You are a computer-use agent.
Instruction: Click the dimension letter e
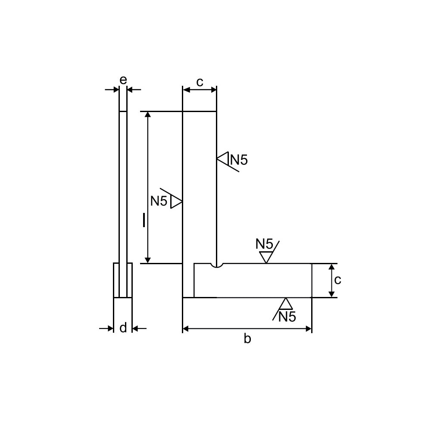pos(123,80)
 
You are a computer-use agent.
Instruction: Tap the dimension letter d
pos(123,328)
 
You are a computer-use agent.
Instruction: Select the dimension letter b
pos(247,339)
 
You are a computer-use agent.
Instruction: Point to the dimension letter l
pos(144,220)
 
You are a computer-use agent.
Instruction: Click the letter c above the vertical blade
pos(200,81)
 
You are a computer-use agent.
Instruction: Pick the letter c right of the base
pos(337,280)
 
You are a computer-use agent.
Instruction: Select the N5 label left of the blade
pos(159,201)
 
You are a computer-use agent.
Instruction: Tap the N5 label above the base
pos(264,244)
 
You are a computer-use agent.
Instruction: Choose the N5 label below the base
pos(287,317)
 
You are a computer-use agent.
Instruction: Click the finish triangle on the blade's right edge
pos(222,159)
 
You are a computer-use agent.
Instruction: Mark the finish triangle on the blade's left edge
pos(176,201)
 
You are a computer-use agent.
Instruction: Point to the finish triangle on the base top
pos(266,257)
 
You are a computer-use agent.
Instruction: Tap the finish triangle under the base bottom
pos(285,303)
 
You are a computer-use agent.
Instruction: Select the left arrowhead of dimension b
pos(186,329)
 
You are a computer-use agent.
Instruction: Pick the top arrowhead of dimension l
pos(148,115)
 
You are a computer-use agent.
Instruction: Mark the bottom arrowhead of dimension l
pos(148,260)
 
